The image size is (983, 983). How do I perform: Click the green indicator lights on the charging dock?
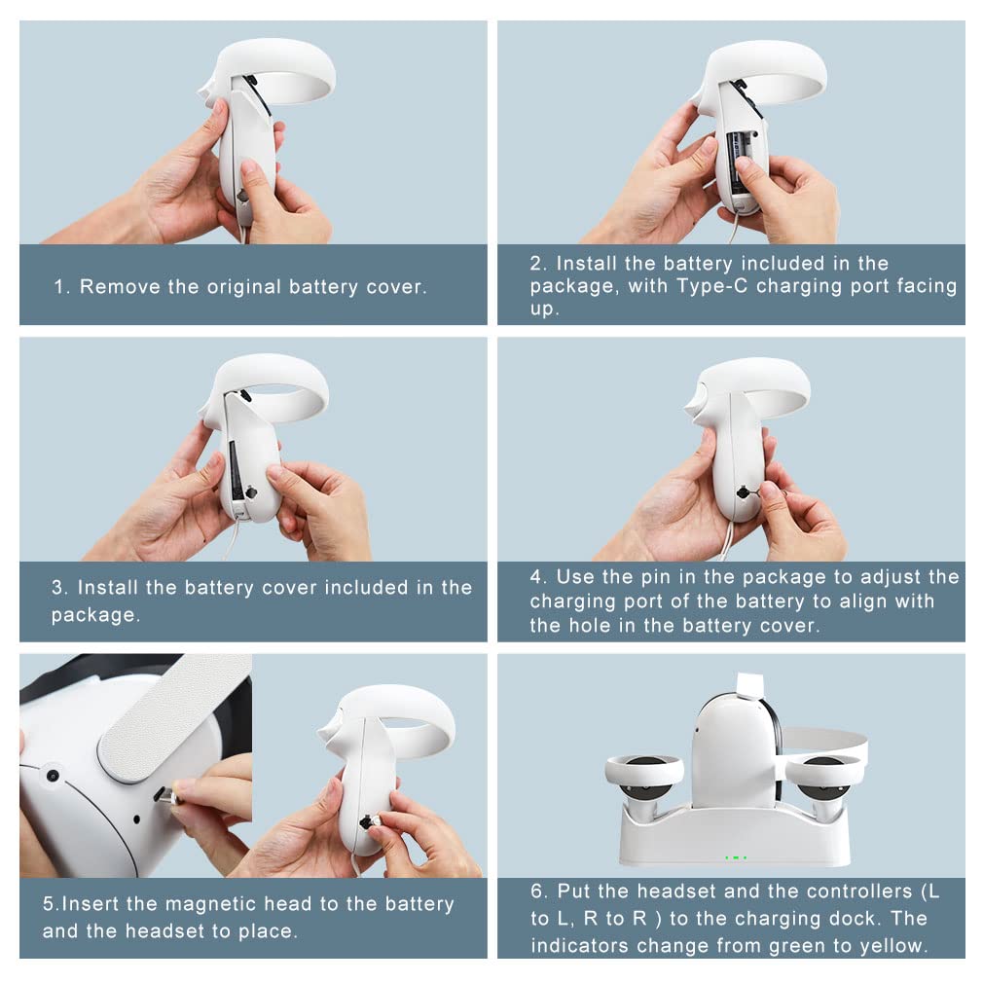pos(736,857)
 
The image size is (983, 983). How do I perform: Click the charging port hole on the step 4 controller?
pos(744,492)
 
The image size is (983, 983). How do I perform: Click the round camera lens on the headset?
pos(53,776)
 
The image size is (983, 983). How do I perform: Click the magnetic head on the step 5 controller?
pos(369,820)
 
